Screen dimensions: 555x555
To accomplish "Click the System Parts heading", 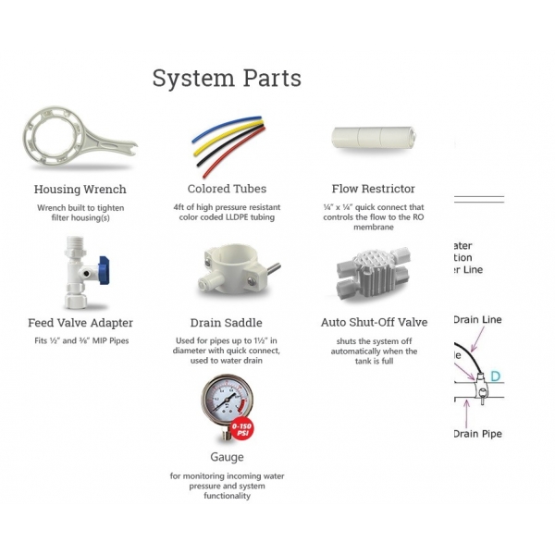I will (227, 79).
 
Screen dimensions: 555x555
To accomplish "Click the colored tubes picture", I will (226, 144).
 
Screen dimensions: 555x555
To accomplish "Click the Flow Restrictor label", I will (374, 190).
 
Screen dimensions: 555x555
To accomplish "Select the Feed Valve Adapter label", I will (80, 323).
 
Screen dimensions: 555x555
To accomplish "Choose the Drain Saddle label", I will (227, 323).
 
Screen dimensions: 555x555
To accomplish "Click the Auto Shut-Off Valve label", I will (374, 323).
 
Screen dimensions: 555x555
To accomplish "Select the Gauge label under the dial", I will (228, 457).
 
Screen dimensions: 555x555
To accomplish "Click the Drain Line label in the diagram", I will (477, 320).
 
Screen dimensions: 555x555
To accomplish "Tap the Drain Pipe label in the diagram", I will (477, 433).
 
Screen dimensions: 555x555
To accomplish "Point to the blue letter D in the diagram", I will (496, 376).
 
